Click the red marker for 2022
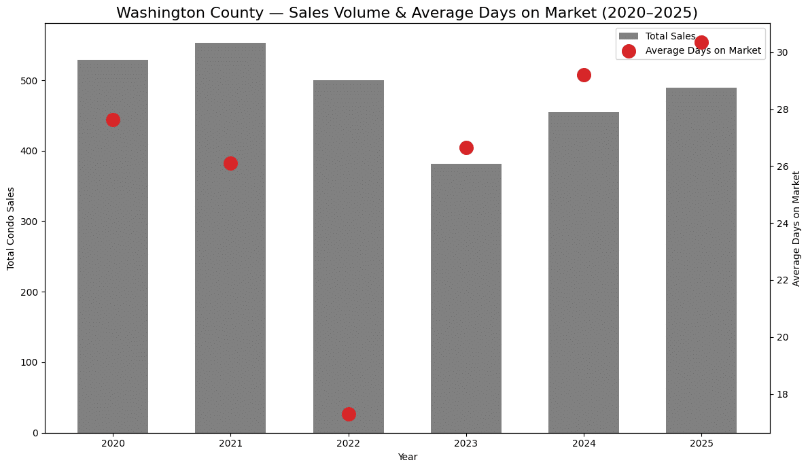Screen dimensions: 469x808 [x=349, y=414]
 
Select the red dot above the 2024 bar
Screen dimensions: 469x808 [x=584, y=75]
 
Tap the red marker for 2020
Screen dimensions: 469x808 [x=113, y=120]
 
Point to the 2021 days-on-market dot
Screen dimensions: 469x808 [x=230, y=163]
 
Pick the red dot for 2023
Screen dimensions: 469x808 [x=466, y=147]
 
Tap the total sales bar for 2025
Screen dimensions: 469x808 [x=701, y=258]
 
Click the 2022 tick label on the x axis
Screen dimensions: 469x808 [x=349, y=443]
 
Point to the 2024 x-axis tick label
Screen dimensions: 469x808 [x=584, y=443]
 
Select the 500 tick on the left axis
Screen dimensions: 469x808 [x=32, y=81]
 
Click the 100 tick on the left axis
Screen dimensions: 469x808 [x=32, y=362]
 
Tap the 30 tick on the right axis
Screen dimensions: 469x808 [x=782, y=52]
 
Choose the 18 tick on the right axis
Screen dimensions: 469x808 [x=782, y=394]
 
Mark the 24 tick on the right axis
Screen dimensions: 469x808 [x=782, y=224]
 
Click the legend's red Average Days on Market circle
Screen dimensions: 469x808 [x=629, y=51]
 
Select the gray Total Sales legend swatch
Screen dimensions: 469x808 [x=629, y=36]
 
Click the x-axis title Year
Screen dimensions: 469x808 [x=407, y=457]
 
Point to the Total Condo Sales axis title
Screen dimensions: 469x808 [x=11, y=228]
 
